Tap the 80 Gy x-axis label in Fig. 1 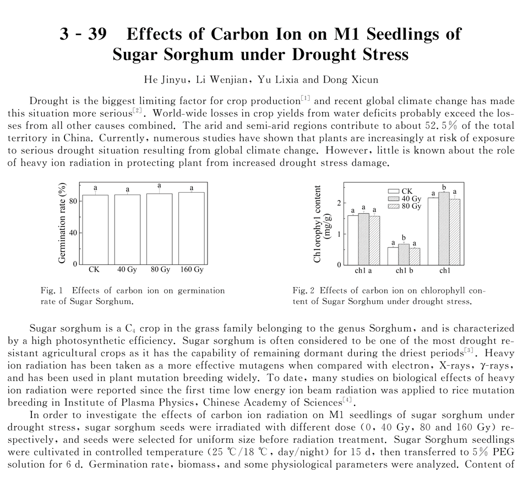coord(160,270)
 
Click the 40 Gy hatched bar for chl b coord(405,254)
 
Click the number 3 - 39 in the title coord(84,34)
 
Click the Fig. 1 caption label coord(53,290)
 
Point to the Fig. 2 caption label coord(303,290)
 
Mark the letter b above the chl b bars coord(405,238)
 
